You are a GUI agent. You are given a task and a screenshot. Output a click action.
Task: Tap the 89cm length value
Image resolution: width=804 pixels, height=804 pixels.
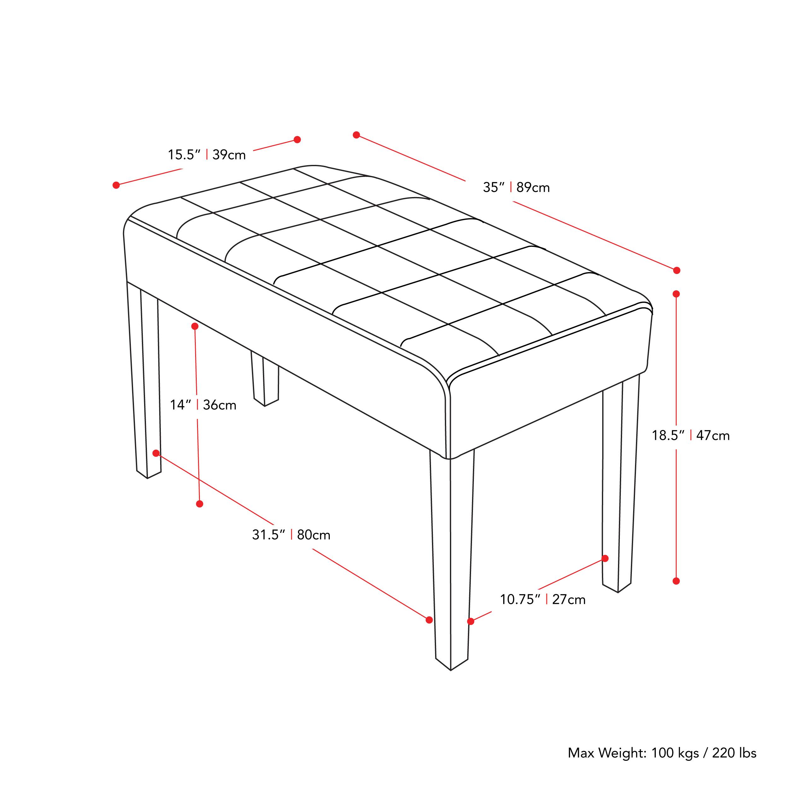click(x=533, y=188)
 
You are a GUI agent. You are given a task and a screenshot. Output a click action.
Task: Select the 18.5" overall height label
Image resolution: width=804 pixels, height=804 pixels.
click(x=668, y=436)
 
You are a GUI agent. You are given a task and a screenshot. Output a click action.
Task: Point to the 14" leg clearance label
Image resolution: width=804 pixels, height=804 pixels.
click(x=180, y=405)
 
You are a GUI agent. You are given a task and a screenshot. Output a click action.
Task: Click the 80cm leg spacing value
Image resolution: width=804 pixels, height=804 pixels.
click(x=314, y=535)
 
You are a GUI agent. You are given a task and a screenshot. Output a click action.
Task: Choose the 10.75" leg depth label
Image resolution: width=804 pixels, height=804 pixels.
click(x=520, y=600)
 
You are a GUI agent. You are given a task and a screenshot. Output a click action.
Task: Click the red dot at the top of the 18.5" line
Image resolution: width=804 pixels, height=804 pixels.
click(x=676, y=294)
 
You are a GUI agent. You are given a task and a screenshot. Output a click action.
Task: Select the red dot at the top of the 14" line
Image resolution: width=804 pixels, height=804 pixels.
click(x=195, y=326)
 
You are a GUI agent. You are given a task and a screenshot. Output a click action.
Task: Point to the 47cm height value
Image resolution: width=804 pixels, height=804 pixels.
click(x=713, y=436)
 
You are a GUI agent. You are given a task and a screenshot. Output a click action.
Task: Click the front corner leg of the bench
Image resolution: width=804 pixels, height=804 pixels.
click(x=452, y=558)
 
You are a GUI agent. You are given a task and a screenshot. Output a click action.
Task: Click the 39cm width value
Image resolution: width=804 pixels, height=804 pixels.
click(x=229, y=155)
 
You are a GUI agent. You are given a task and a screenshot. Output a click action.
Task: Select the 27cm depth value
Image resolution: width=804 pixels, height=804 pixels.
click(x=568, y=600)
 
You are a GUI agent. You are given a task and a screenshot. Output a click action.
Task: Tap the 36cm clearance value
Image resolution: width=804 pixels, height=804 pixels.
click(x=219, y=405)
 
